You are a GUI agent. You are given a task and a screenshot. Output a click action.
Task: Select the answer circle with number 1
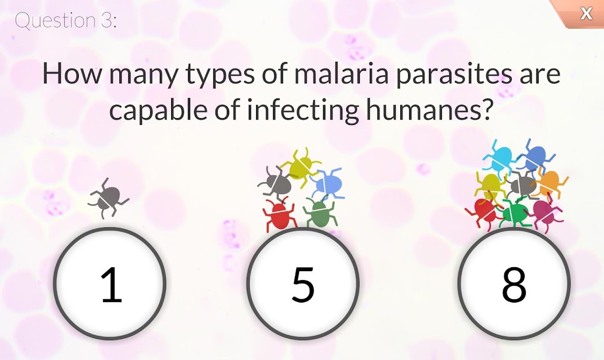(x=110, y=283)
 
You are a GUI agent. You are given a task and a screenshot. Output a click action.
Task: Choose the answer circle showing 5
(x=303, y=283)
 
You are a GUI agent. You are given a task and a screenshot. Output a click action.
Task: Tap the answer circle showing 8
(x=514, y=283)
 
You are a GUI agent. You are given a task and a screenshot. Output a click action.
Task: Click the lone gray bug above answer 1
(x=108, y=199)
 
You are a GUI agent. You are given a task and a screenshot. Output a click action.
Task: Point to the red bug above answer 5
(x=279, y=214)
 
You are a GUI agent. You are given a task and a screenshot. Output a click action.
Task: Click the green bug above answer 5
(x=320, y=213)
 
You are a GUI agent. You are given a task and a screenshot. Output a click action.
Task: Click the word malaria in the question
(x=342, y=73)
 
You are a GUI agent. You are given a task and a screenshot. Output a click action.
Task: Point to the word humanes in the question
(x=429, y=109)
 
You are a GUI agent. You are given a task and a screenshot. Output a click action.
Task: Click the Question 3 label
(x=65, y=20)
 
